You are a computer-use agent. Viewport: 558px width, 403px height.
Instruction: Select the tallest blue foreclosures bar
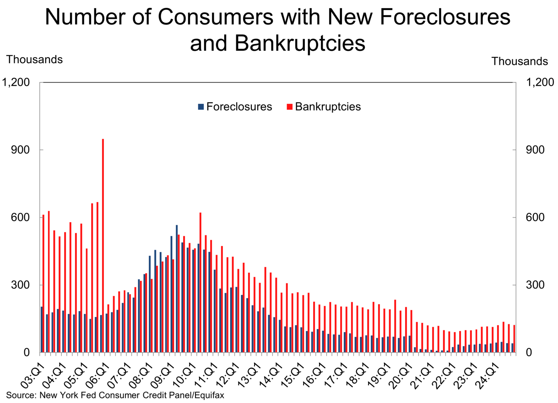(177, 289)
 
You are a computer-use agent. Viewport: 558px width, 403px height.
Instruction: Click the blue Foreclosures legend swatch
(200, 107)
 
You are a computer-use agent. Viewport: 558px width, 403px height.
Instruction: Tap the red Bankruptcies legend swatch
(289, 107)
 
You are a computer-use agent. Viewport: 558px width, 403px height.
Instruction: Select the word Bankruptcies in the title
(300, 44)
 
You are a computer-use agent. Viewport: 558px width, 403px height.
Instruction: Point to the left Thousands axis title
(34, 60)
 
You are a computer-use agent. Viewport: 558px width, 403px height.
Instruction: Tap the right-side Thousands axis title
(520, 61)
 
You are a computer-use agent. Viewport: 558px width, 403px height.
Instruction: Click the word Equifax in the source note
(210, 394)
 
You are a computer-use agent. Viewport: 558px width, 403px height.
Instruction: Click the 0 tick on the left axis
(27, 353)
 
